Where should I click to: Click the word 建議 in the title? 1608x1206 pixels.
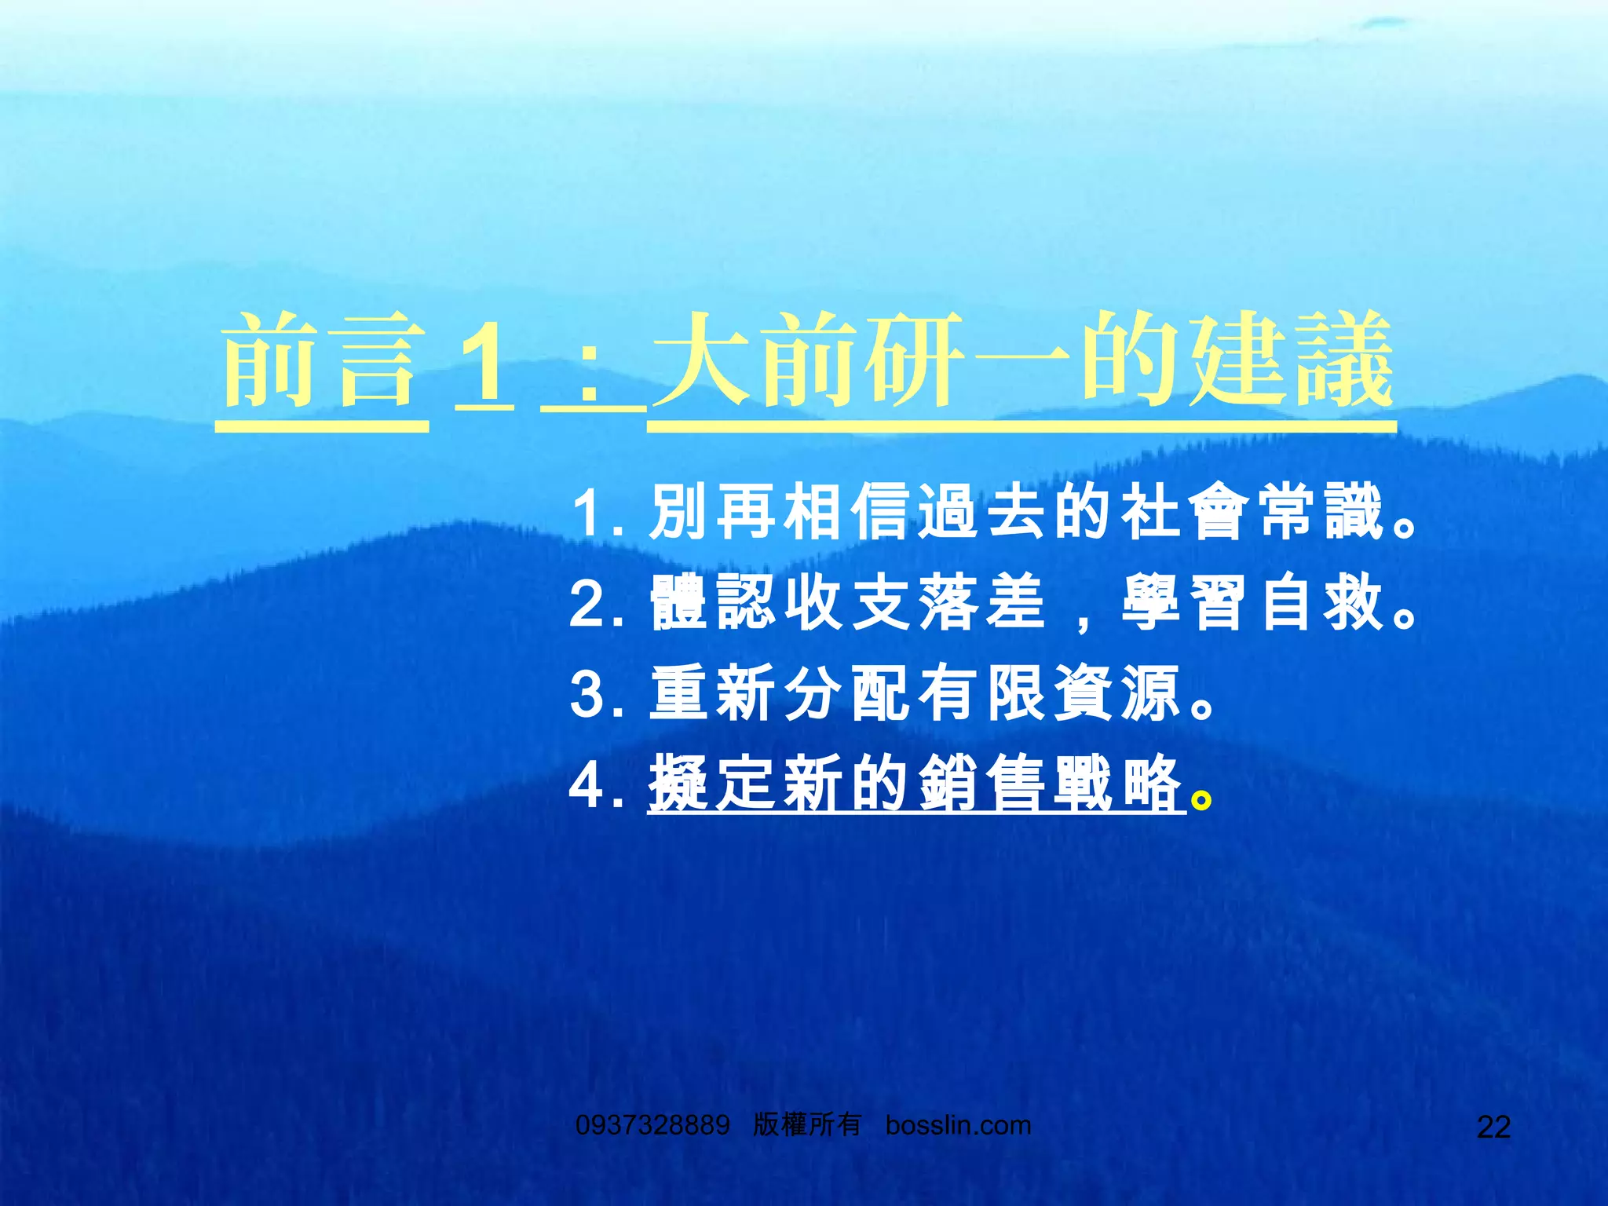point(1292,361)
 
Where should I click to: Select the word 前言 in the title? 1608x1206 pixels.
point(322,361)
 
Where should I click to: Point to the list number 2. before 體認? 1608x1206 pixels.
point(597,605)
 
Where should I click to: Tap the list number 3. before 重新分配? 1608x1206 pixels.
point(597,694)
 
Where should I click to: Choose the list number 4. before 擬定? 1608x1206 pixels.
point(597,784)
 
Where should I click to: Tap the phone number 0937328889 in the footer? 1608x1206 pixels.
point(652,1125)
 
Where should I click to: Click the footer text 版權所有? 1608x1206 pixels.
point(807,1124)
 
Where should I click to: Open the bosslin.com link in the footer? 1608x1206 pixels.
point(958,1125)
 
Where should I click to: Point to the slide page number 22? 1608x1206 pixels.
point(1493,1127)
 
